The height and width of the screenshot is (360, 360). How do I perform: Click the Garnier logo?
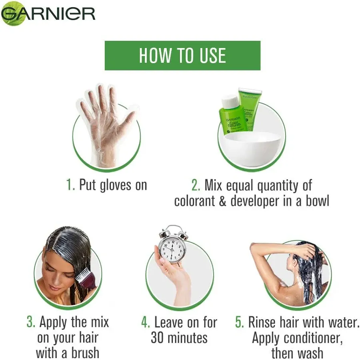click(48, 13)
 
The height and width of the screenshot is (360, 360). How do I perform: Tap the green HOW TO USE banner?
click(182, 56)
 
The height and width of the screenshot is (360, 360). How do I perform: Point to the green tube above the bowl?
click(248, 109)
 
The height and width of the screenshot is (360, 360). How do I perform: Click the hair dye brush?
click(86, 276)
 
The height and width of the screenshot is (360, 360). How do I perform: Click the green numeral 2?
click(196, 186)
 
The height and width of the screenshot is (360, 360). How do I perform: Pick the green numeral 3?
click(31, 322)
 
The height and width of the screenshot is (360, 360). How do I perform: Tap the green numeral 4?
click(146, 322)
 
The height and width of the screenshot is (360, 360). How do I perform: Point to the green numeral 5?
click(239, 322)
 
